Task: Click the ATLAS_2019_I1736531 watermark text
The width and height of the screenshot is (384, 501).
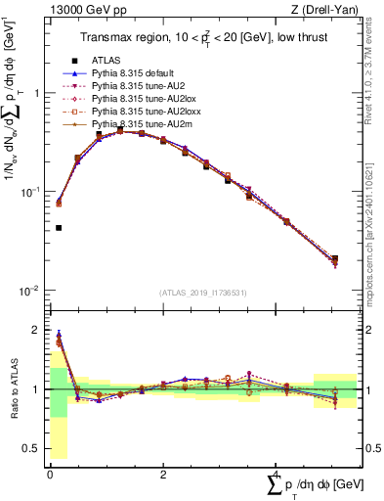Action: tap(202, 293)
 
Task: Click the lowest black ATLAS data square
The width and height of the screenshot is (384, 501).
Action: tap(60, 228)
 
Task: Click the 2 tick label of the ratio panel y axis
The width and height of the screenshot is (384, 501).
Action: tap(35, 331)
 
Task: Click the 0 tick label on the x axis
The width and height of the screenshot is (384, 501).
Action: tap(50, 475)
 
